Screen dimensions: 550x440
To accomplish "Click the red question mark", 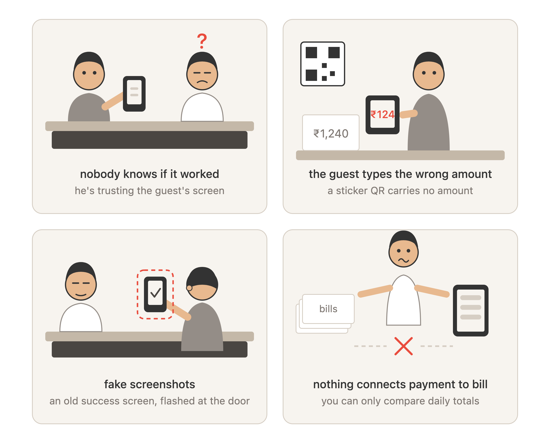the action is [x=202, y=41].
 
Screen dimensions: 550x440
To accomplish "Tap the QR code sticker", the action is [x=323, y=64].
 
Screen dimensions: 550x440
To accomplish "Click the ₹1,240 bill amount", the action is [x=331, y=133].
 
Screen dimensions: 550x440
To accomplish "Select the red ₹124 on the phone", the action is [x=382, y=114].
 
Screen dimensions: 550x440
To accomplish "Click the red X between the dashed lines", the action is [x=403, y=346].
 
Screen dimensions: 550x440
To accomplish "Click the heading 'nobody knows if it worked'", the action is [x=149, y=174].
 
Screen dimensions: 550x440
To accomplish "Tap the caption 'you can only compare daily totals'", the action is [x=400, y=401].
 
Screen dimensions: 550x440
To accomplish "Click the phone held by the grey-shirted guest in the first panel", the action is [x=134, y=94].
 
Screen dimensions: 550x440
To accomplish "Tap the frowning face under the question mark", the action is [x=202, y=74].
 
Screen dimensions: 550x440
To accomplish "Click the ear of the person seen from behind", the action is [x=189, y=288].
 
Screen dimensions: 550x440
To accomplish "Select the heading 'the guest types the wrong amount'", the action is [x=400, y=174].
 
